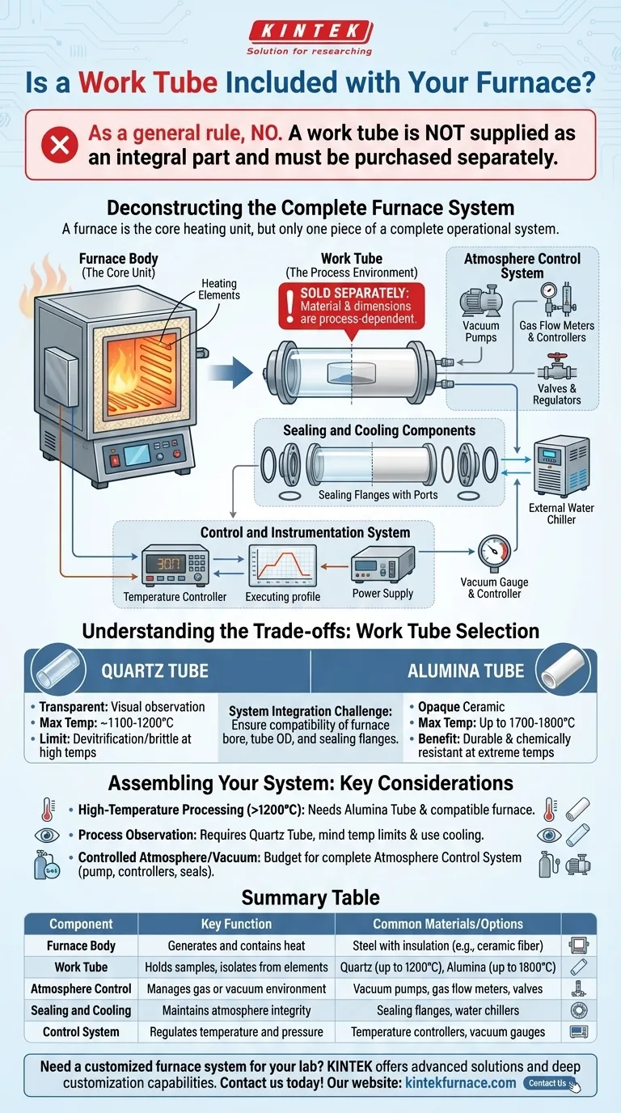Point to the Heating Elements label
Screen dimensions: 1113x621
(x=218, y=289)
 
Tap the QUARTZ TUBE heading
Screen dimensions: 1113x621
(x=154, y=671)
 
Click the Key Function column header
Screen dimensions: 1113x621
(x=236, y=924)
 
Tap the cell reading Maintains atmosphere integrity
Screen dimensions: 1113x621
(x=236, y=1009)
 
